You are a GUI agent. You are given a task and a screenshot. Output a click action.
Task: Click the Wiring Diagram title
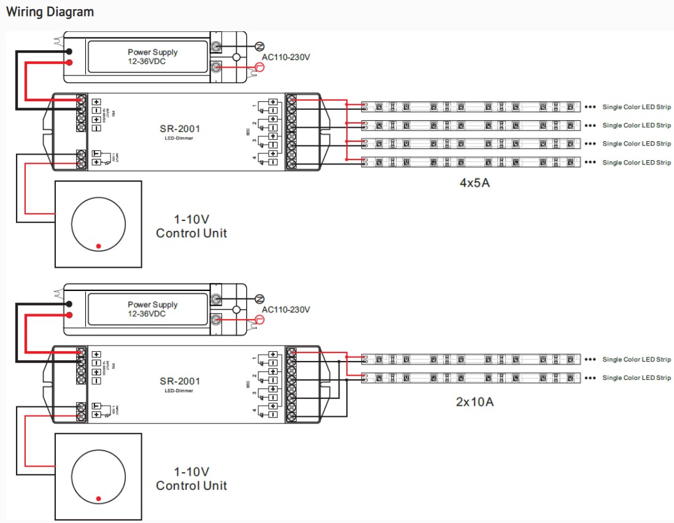pyautogui.click(x=50, y=12)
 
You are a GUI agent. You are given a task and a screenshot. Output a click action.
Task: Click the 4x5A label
pyautogui.click(x=475, y=183)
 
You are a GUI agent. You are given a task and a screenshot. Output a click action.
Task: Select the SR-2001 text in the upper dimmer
pyautogui.click(x=180, y=128)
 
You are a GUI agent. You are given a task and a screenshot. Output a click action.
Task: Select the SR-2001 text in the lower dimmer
pyautogui.click(x=180, y=381)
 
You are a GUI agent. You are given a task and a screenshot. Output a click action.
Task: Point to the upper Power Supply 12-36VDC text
pyautogui.click(x=152, y=56)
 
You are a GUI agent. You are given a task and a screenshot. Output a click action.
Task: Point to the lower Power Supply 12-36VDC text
pyautogui.click(x=152, y=309)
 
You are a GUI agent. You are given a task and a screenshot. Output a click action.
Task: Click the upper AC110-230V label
pyautogui.click(x=286, y=57)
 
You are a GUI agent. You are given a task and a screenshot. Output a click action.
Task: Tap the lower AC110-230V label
pyautogui.click(x=286, y=309)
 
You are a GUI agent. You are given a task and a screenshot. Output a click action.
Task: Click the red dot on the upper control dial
pyautogui.click(x=98, y=246)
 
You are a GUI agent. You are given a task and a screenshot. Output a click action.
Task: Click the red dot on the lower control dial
pyautogui.click(x=98, y=498)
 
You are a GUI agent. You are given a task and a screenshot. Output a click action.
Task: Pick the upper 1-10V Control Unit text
pyautogui.click(x=192, y=227)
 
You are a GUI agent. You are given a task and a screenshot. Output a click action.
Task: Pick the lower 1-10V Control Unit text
pyautogui.click(x=192, y=479)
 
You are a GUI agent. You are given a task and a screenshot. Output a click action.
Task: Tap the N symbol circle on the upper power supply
pyautogui.click(x=259, y=46)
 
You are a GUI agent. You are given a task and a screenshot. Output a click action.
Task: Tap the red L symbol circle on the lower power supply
pyautogui.click(x=259, y=319)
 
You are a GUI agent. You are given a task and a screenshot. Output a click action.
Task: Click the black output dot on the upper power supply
pyautogui.click(x=70, y=52)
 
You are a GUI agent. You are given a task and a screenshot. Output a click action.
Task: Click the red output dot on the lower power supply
pyautogui.click(x=70, y=315)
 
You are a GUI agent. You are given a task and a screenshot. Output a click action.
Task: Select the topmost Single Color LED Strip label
pyautogui.click(x=637, y=107)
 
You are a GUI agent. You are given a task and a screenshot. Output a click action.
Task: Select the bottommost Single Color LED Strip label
pyautogui.click(x=637, y=378)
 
